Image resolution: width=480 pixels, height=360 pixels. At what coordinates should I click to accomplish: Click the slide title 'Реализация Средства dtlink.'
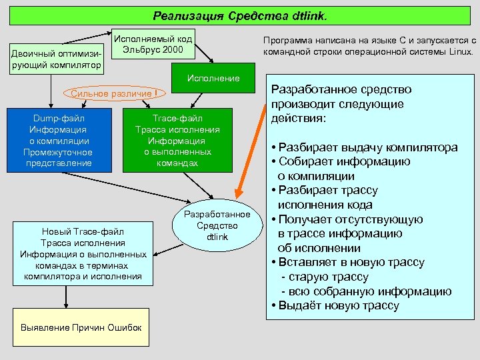tap(241, 15)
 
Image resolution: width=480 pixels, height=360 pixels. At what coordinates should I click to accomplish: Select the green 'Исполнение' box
tap(213, 79)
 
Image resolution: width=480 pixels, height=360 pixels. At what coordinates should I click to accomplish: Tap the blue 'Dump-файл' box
tap(64, 140)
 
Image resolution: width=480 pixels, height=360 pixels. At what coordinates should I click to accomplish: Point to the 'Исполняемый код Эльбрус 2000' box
tap(153, 45)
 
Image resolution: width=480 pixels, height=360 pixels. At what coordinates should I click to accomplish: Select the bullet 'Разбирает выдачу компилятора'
tap(367, 147)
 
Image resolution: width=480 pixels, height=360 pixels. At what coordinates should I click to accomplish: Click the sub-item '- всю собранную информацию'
tap(366, 291)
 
